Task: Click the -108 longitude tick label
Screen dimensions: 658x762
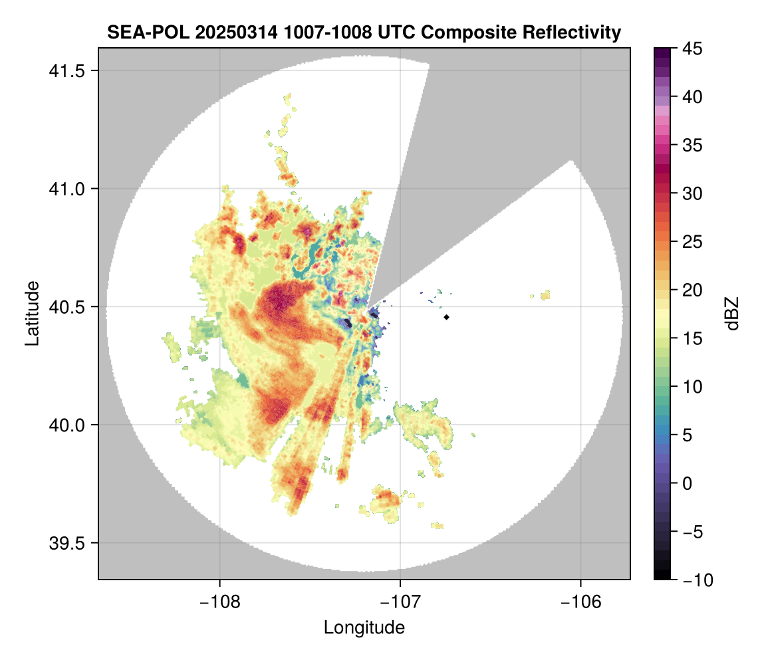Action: point(219,602)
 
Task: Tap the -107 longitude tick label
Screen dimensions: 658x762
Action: point(400,602)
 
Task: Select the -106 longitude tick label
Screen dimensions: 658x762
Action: point(581,602)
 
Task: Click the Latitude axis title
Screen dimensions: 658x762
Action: point(31,313)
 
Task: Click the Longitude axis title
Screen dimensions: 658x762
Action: point(364,627)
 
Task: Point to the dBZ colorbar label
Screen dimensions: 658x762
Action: point(732,314)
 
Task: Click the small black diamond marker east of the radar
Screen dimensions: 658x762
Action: point(447,317)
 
